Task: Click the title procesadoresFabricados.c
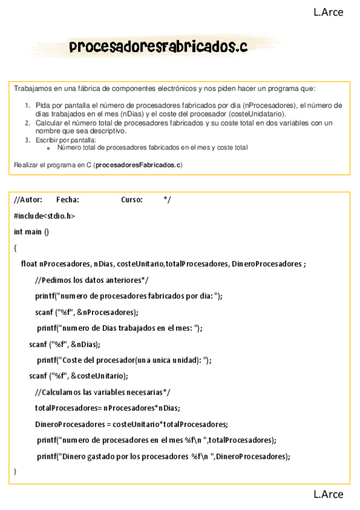[x=158, y=46]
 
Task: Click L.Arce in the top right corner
[x=328, y=11]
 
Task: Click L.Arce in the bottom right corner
[x=328, y=494]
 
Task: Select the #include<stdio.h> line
[x=44, y=215]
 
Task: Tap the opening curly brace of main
[x=15, y=247]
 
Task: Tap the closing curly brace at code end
[x=15, y=471]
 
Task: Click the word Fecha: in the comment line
[x=67, y=200]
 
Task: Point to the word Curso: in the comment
[x=132, y=200]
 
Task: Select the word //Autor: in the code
[x=28, y=200]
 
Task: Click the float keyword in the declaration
[x=29, y=263]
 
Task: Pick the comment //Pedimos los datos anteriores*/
[x=91, y=280]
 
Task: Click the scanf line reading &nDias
[x=64, y=344]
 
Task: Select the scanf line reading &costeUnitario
[x=78, y=376]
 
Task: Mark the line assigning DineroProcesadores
[x=131, y=423]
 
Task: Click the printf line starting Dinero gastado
[x=163, y=456]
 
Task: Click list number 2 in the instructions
[x=28, y=122]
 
